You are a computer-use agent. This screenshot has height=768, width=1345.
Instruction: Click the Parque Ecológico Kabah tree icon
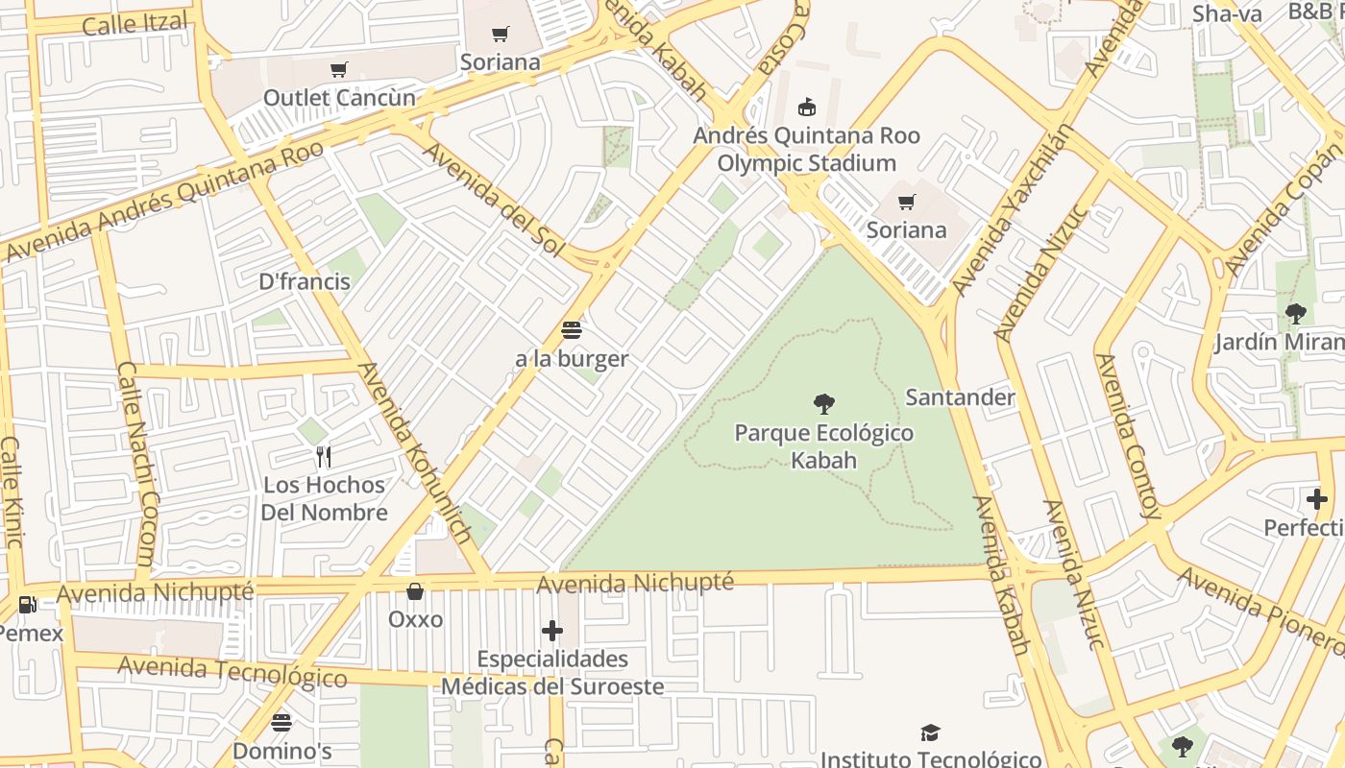click(823, 404)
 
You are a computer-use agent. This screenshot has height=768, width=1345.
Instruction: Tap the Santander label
click(960, 397)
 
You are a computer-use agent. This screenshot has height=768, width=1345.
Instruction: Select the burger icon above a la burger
click(572, 330)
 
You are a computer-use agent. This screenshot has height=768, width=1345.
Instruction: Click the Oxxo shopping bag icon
click(415, 590)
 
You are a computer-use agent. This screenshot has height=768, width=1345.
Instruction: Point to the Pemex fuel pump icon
click(28, 605)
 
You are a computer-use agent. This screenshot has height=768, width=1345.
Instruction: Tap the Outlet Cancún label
click(339, 98)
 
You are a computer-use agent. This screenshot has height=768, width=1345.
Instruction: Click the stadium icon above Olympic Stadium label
click(807, 107)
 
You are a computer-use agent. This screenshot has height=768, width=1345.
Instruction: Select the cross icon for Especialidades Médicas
click(552, 631)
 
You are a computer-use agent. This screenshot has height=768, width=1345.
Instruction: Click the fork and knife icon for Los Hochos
click(324, 456)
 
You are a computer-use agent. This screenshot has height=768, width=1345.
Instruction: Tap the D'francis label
click(305, 282)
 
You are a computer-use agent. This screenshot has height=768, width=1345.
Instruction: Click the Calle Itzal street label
click(134, 23)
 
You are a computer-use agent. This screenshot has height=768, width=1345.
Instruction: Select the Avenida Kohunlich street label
click(414, 453)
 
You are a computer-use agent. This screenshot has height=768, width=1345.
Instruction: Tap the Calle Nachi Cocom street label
click(135, 465)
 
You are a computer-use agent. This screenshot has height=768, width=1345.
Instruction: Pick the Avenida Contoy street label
click(1128, 436)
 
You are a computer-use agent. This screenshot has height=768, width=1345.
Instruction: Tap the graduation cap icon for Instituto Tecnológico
click(930, 733)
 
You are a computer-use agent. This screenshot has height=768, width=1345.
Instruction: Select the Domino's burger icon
click(281, 722)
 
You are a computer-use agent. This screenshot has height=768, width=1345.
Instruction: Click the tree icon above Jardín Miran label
click(1296, 313)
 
